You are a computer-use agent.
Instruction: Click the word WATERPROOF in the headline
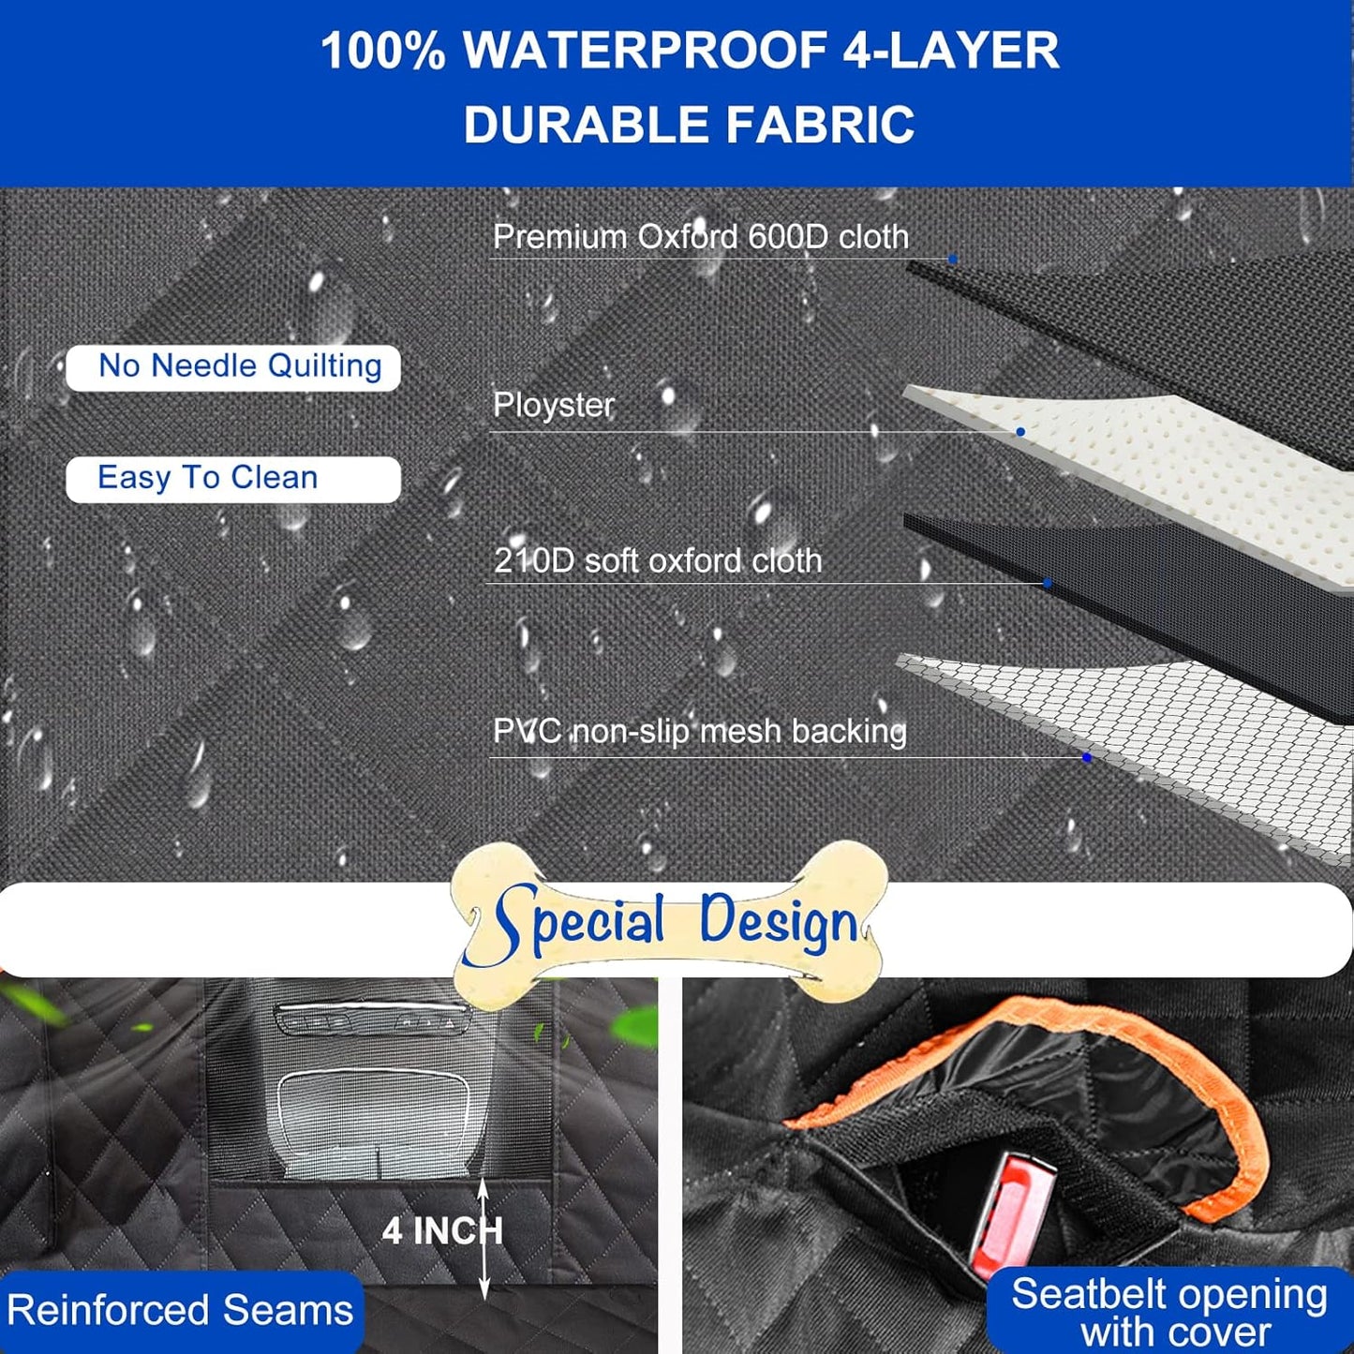tap(646, 52)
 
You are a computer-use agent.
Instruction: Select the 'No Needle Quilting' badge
tap(233, 366)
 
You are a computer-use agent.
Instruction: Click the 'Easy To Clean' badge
tap(233, 479)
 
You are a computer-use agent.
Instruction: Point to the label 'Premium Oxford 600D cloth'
tap(700, 237)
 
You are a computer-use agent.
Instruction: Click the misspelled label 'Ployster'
tap(553, 406)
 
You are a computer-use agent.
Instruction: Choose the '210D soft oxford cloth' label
tap(657, 561)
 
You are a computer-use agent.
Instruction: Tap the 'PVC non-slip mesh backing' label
tap(699, 732)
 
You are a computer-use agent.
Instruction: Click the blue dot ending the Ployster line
tap(1020, 432)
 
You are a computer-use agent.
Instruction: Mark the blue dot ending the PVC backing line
tap(1087, 757)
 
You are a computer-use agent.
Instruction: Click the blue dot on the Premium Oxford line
tap(952, 259)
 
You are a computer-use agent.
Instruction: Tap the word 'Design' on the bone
tap(778, 923)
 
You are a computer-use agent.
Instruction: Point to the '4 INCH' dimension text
tap(441, 1231)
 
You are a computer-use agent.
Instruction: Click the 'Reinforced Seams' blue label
tap(180, 1310)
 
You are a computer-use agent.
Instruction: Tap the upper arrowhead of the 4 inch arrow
tap(484, 1186)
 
